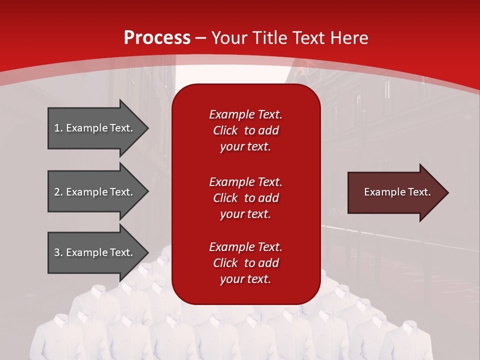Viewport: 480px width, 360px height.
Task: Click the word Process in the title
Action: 157,38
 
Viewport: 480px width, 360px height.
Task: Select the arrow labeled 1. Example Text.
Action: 95,128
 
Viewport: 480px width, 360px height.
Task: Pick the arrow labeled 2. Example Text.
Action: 95,192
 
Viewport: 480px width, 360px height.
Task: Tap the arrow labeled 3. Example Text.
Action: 95,252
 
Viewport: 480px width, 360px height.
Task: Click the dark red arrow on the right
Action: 395,192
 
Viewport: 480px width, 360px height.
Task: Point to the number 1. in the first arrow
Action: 58,128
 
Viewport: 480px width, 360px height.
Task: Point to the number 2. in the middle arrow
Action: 58,192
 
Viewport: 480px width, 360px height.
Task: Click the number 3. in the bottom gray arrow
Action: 58,252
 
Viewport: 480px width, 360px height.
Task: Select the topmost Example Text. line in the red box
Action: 245,114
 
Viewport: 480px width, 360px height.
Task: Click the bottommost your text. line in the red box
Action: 245,279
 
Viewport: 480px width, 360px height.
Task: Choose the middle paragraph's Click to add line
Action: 245,198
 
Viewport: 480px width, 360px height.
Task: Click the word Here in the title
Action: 349,38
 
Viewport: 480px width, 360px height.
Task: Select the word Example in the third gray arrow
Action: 86,252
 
